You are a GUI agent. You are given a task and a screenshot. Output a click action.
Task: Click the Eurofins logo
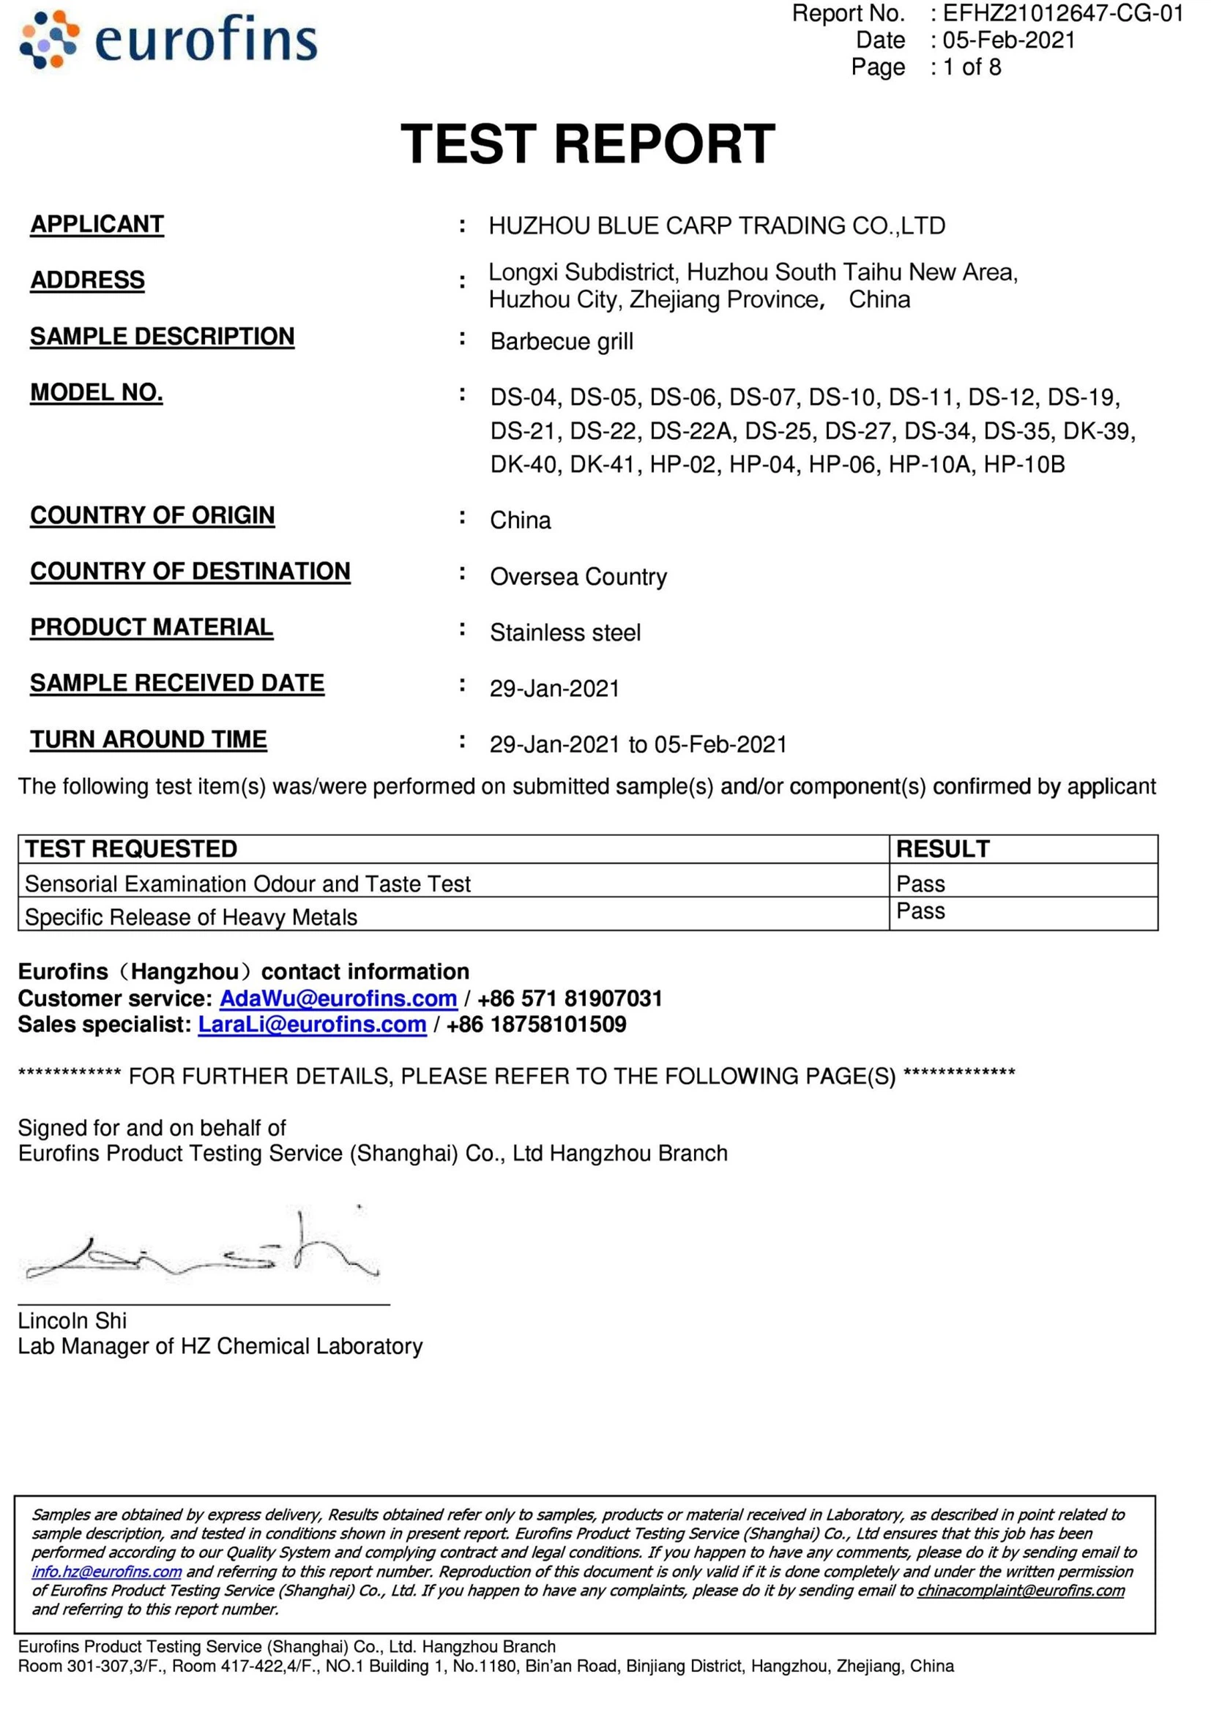pos(168,40)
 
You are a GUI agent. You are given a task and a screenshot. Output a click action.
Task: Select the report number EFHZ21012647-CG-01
pos(1062,13)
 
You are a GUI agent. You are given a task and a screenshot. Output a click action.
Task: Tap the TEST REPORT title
pos(588,144)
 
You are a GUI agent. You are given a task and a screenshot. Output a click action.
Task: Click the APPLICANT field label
pos(97,225)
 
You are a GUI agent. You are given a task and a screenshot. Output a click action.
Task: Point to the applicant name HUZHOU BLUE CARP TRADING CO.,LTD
pos(717,225)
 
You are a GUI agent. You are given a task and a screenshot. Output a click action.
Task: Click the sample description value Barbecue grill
pos(562,342)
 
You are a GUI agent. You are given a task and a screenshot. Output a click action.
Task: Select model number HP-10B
pos(1024,465)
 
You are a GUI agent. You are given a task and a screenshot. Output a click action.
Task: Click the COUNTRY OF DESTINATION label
pos(190,571)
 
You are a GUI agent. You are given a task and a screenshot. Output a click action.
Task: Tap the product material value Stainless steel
pos(565,633)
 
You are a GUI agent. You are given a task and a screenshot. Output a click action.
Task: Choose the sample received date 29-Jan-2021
pos(554,688)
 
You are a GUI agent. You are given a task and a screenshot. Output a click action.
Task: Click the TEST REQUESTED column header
pos(131,848)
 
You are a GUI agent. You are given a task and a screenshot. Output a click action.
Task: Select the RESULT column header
pos(942,848)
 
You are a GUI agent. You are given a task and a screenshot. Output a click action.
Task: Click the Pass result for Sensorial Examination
pos(920,883)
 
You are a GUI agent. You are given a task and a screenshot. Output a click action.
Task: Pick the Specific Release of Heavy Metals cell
pos(191,917)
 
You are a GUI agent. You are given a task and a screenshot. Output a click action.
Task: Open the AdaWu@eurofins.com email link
pos(338,998)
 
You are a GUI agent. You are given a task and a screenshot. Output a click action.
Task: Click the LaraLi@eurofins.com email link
pos(312,1025)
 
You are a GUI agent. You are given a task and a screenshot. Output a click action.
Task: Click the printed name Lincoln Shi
pos(72,1320)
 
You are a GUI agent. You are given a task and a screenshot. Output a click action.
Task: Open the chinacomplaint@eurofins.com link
pos(1020,1590)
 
